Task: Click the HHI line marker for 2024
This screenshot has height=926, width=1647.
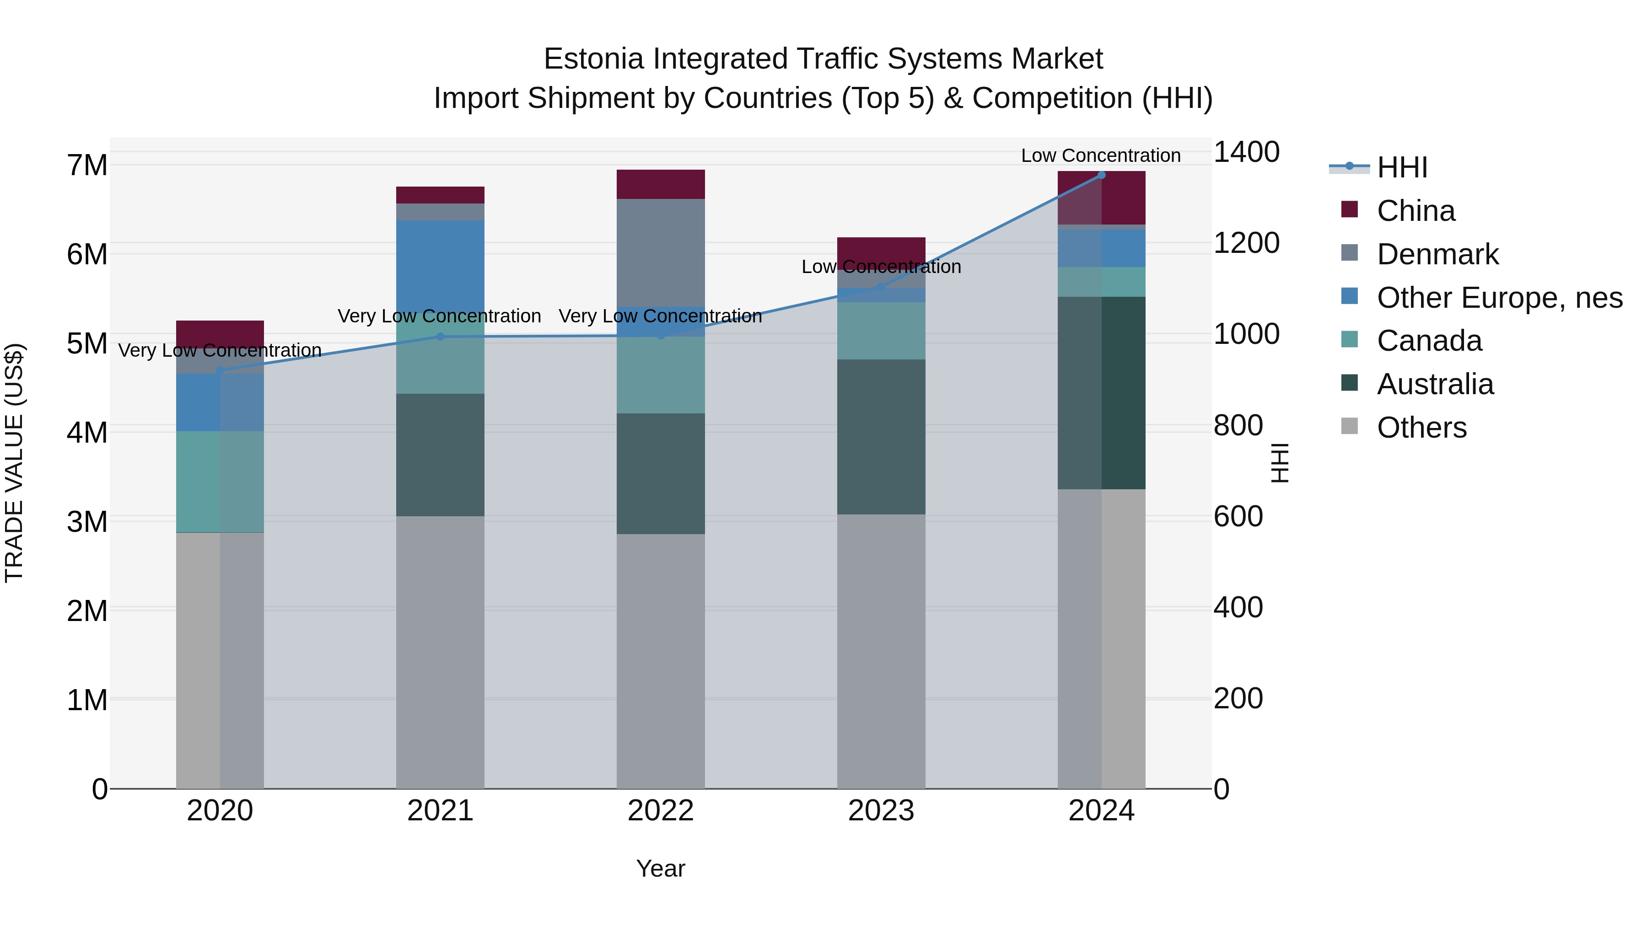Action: [1101, 175]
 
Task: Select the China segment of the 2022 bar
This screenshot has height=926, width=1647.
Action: [661, 185]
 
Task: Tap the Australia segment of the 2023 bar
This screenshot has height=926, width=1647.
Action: [881, 437]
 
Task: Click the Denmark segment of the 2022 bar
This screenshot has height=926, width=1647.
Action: [661, 252]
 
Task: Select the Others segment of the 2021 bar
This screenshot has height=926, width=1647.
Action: [440, 652]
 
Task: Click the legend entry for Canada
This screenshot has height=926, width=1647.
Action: [1429, 341]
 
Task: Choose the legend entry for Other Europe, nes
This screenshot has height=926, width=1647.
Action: [1499, 298]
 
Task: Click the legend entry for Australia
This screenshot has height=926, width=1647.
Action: [1435, 384]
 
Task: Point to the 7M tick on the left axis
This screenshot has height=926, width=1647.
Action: [87, 166]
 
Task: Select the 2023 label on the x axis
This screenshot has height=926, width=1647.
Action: [881, 811]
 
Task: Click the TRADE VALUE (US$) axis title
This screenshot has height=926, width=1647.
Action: [14, 463]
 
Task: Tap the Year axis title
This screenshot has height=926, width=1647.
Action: [661, 868]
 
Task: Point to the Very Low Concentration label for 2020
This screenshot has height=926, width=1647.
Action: [220, 350]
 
